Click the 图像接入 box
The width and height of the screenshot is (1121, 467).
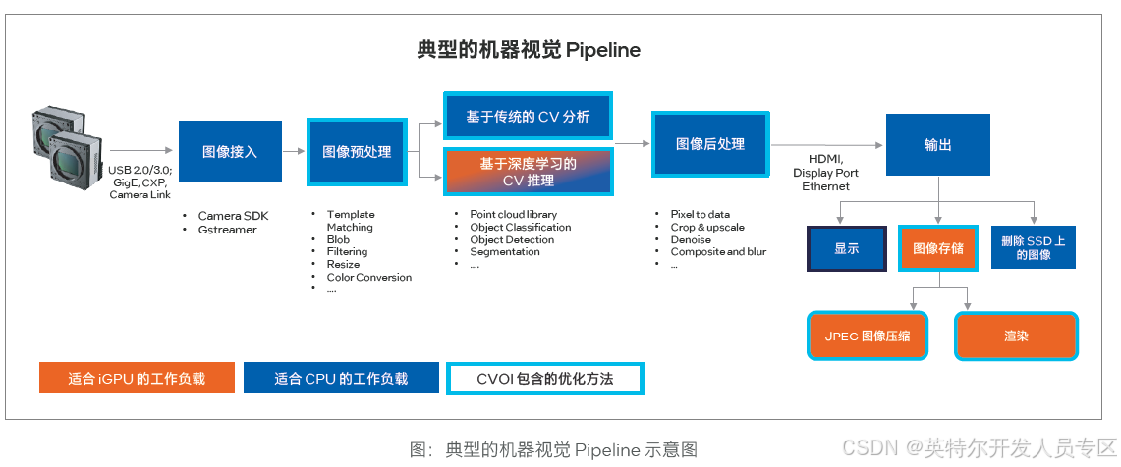[x=230, y=152]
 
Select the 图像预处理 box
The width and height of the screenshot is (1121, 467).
[x=357, y=152]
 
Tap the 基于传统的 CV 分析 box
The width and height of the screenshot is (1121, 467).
[x=529, y=117]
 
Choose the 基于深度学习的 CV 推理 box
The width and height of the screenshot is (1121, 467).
[x=529, y=171]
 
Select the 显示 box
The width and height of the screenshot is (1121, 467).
[x=846, y=248]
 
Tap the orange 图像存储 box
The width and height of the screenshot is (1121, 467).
[x=938, y=248]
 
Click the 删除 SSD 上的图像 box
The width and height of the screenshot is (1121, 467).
[x=1033, y=247]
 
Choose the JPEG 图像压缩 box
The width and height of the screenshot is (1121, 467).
[x=868, y=337]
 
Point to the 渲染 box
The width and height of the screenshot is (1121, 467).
[x=1016, y=337]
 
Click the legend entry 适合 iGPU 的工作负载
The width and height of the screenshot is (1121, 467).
[x=137, y=379]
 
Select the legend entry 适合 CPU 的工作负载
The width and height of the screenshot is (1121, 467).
[x=341, y=379]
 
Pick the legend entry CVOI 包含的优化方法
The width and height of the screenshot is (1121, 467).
[x=544, y=379]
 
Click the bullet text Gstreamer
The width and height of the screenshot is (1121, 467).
[x=227, y=230]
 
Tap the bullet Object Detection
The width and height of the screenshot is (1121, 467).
[x=512, y=239]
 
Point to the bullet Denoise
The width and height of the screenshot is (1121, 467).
[x=691, y=239]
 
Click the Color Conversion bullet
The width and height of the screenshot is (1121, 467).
[x=368, y=277]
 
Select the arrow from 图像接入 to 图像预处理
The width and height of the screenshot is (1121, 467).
[x=294, y=152]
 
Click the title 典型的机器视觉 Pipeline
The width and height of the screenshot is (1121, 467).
[x=528, y=50]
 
